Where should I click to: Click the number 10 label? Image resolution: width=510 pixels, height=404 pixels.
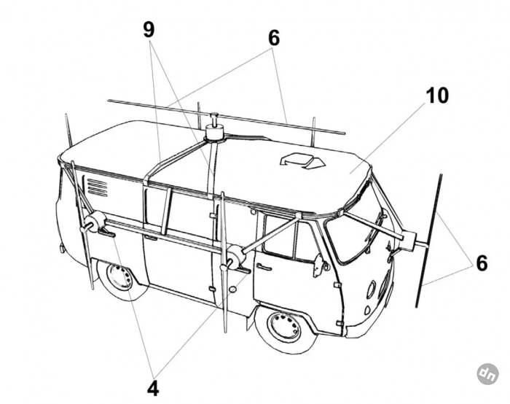coord(438,96)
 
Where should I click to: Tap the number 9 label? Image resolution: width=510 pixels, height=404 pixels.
coord(149,30)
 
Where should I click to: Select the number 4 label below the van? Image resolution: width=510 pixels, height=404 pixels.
coord(152,387)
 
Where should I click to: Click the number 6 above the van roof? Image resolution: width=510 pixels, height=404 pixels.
coord(273,38)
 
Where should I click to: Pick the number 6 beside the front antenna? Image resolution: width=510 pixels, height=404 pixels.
coord(481,263)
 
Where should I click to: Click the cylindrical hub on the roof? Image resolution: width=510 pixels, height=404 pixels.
coord(215,133)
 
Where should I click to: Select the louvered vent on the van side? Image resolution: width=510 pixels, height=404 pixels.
coord(97,187)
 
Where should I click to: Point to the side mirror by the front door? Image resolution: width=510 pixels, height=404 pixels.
coord(318,265)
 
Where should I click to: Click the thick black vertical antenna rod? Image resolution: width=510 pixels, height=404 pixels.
coord(429,241)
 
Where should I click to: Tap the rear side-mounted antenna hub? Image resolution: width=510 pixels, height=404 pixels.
coord(95,223)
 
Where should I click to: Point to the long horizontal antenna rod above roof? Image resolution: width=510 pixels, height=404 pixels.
coord(226,117)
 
